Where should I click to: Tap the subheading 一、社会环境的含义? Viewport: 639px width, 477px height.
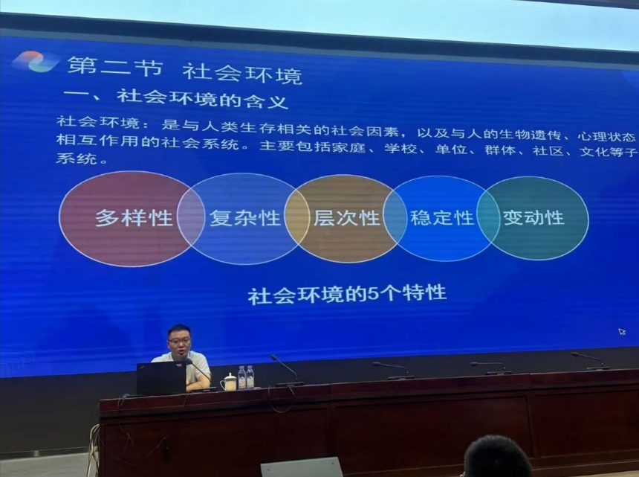[176, 99]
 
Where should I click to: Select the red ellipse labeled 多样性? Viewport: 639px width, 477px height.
[132, 219]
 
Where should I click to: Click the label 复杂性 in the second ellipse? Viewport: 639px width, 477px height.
[245, 218]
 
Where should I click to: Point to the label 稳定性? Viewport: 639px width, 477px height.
[442, 218]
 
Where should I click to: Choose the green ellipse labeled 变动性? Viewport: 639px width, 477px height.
[533, 218]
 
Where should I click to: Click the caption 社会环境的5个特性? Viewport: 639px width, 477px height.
[347, 294]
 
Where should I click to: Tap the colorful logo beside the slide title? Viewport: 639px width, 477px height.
[36, 62]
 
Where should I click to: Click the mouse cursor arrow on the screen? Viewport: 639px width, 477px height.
[622, 332]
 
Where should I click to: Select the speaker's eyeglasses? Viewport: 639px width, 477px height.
[179, 340]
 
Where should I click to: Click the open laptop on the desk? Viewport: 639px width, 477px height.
[161, 378]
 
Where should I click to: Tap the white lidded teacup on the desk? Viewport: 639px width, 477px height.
[229, 382]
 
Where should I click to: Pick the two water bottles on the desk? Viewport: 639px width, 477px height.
[246, 377]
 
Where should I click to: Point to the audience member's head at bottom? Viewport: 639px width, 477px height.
[497, 457]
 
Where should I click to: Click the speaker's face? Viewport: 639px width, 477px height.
[179, 343]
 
